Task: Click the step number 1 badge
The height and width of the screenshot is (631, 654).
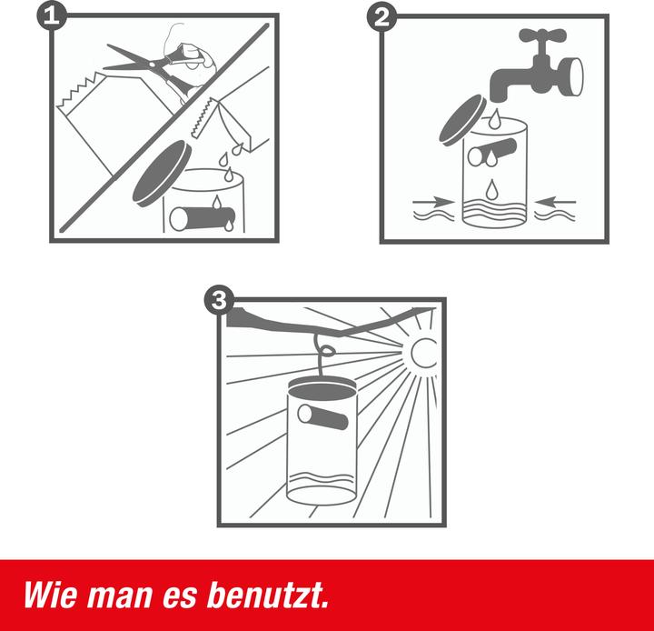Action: (51, 16)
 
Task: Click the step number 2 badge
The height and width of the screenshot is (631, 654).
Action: (381, 17)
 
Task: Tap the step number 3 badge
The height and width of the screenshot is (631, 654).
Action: (219, 299)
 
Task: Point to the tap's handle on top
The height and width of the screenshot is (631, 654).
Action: (542, 35)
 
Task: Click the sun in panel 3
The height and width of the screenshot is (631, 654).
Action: (423, 353)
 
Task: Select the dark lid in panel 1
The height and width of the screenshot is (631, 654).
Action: (162, 174)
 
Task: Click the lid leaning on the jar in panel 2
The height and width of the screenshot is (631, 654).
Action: (462, 120)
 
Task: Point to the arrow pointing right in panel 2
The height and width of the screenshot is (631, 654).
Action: (433, 202)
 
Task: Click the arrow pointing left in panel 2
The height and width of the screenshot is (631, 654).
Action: (555, 202)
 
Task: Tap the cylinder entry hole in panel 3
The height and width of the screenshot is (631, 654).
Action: (322, 417)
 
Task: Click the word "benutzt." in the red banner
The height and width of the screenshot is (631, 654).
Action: (268, 596)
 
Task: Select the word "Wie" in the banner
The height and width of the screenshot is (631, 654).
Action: (50, 596)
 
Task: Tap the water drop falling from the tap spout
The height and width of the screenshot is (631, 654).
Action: (495, 118)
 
